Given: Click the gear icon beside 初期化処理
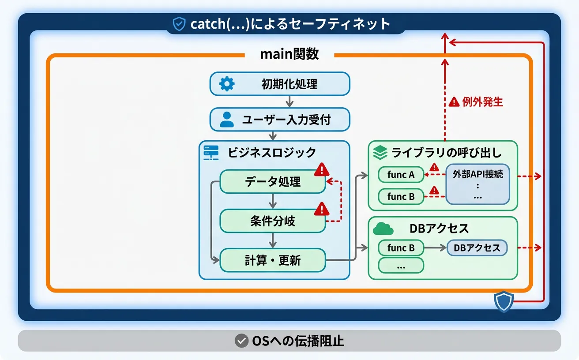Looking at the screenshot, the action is point(227,84).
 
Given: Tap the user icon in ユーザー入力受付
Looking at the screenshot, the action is point(227,120).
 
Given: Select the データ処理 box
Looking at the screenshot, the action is point(273,181).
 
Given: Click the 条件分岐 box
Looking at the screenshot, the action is point(273,221).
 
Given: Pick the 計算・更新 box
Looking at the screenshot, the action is point(273,260).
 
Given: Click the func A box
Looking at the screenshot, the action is point(401,175).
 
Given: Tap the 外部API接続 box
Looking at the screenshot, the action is point(477,184).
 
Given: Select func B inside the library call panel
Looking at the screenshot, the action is point(401,197).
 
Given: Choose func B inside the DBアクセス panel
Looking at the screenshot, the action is point(401,248).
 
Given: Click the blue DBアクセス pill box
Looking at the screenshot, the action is point(477,248).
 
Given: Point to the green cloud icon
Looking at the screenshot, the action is point(383,229).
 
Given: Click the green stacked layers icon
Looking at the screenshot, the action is point(380,152).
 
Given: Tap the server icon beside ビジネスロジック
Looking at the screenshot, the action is point(211,153).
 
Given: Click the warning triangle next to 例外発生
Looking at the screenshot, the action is point(454,102).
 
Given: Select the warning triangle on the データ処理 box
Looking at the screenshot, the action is point(322,170).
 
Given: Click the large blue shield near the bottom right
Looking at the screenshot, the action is point(504,301).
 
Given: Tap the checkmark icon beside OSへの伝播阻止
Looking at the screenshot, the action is point(241,341).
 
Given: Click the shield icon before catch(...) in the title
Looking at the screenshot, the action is point(179,24).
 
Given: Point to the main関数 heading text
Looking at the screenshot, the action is point(289,54).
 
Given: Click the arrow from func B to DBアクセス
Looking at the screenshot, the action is point(435,248).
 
